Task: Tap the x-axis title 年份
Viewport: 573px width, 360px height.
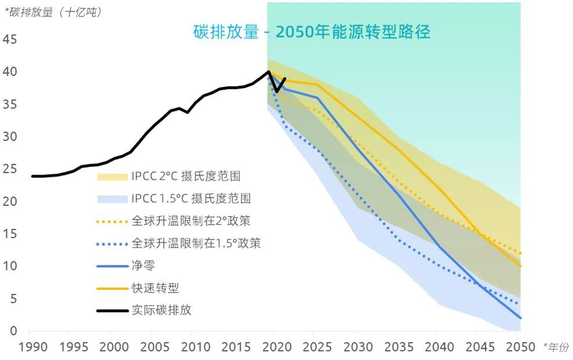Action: [556, 347]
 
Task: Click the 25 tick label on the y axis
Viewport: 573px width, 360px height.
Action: [10, 170]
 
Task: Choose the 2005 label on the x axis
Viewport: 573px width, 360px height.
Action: [151, 347]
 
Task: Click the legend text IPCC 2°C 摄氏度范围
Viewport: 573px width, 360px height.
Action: [186, 176]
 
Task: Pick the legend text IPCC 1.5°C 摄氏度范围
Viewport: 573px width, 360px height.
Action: [191, 198]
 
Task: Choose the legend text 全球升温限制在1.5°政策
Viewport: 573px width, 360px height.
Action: [196, 243]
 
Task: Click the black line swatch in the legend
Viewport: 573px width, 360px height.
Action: [113, 310]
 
